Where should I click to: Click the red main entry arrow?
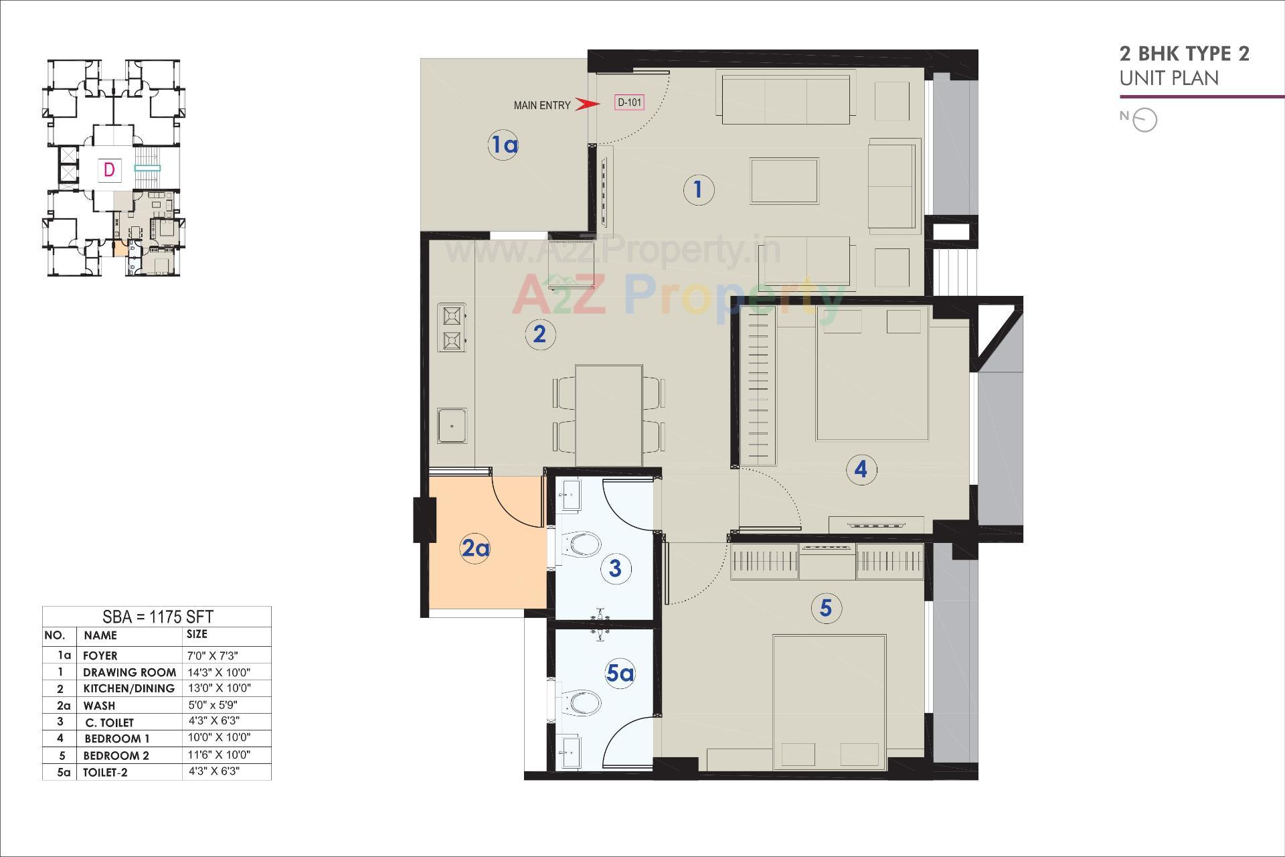586,104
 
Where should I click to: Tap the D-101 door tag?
629,102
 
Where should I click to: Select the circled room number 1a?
504,144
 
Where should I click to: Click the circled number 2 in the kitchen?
539,333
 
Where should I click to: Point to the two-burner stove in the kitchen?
452,327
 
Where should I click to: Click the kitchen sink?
452,425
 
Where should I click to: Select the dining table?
608,415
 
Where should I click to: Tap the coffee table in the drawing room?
784,181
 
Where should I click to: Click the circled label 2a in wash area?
475,548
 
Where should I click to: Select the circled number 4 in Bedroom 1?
861,469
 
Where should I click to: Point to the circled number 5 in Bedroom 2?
825,608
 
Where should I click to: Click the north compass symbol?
1145,121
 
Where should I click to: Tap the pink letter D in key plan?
109,169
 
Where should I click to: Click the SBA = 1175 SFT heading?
157,617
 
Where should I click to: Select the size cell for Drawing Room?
219,672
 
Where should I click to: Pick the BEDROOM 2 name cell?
116,755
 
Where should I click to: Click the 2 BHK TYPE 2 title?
1184,54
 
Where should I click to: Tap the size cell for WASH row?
213,705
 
